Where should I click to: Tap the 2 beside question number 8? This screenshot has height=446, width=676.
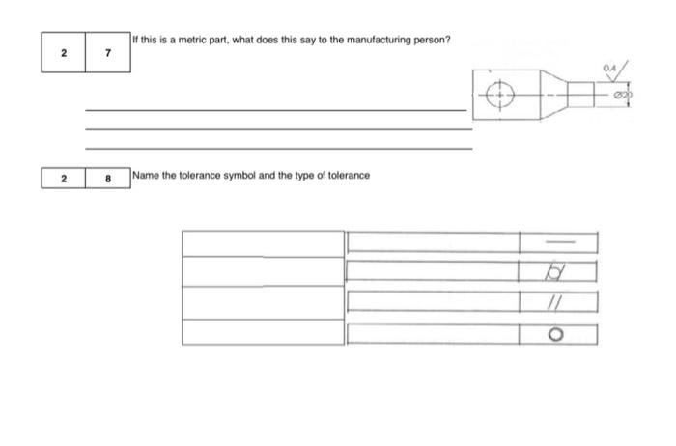(64, 180)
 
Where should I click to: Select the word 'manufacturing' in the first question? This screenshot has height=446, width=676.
(359, 40)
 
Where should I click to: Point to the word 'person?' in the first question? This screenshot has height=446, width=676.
(429, 40)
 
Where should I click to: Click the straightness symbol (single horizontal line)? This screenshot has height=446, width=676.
(562, 241)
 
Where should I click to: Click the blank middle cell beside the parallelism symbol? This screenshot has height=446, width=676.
(433, 303)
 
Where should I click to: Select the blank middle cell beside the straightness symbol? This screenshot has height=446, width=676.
(433, 241)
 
